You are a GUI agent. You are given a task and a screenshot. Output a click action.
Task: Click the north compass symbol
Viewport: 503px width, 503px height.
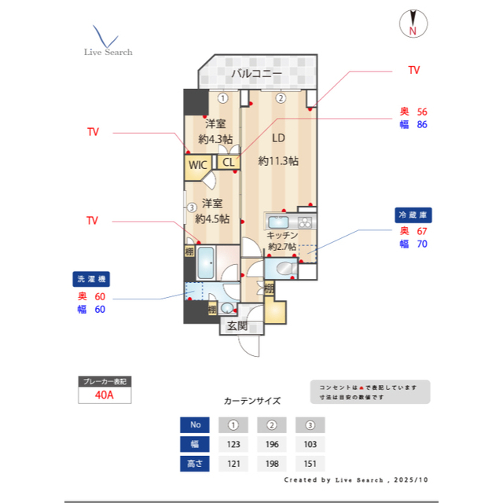(412, 23)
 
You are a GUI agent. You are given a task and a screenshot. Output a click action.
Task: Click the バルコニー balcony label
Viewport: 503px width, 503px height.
(256, 75)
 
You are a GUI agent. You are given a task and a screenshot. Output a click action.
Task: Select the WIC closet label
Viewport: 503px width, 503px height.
(197, 165)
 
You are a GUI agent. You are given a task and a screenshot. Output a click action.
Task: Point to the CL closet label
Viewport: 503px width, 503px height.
(228, 163)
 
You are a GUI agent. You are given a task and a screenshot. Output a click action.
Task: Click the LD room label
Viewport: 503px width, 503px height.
(278, 138)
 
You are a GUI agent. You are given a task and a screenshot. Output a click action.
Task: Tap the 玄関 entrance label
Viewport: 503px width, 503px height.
(237, 325)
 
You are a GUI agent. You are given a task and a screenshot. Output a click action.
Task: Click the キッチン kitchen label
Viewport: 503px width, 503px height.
(281, 235)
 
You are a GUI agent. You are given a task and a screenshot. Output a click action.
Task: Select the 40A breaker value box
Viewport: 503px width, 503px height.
(105, 395)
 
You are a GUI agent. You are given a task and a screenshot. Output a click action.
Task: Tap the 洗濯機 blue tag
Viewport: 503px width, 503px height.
(92, 279)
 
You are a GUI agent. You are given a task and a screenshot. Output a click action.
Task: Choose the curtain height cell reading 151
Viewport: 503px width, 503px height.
(310, 464)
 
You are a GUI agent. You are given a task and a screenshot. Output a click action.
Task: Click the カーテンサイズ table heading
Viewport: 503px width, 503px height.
(251, 400)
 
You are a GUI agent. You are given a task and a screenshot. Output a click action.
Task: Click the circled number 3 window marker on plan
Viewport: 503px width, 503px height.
(191, 208)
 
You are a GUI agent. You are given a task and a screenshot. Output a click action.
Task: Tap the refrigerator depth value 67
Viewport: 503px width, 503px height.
(421, 231)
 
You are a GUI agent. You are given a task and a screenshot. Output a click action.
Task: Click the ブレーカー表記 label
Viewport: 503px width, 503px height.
(105, 381)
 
